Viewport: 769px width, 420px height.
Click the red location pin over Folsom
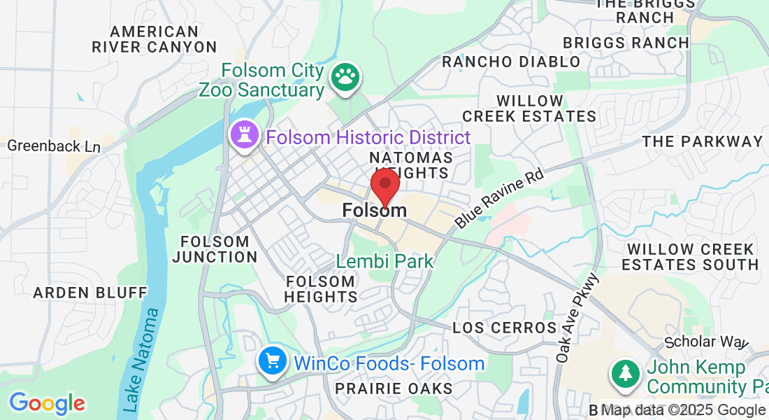coord(384,185)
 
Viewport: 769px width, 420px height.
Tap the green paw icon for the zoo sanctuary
coord(344,78)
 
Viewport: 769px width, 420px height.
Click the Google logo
coord(47,403)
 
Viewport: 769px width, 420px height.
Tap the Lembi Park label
coord(384,262)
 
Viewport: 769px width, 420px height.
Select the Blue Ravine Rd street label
coord(499,197)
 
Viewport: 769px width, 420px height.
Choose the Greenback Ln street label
coord(54,146)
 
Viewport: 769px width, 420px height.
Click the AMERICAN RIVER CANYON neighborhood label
coord(154,40)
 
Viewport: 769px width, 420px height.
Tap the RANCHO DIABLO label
coord(511,62)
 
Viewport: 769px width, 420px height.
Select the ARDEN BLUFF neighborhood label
coord(90,292)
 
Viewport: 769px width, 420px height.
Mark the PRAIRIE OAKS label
coord(394,388)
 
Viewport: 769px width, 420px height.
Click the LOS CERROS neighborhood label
coord(504,328)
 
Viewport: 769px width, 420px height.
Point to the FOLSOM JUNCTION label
coord(215,249)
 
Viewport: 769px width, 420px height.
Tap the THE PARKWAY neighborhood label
coord(702,141)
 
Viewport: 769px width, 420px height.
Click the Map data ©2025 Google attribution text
coord(683,410)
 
